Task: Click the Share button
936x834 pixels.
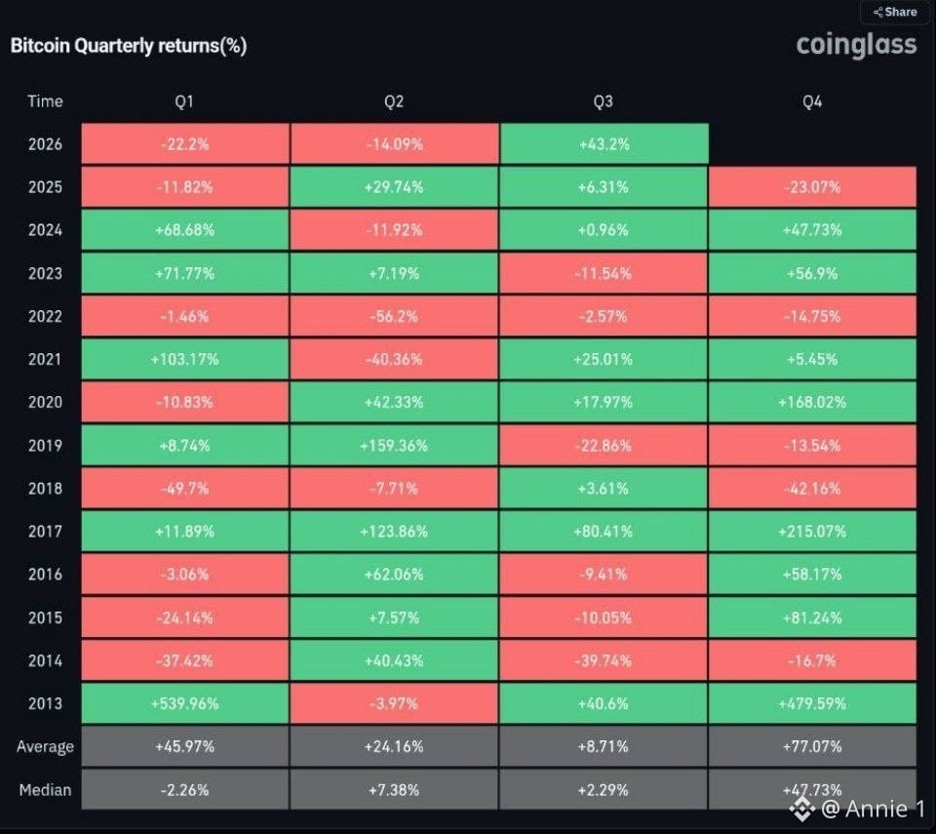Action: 895,12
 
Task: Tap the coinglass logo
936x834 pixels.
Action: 856,44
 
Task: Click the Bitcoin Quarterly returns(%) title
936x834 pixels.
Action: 129,46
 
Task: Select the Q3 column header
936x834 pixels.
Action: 603,101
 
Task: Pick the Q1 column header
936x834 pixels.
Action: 184,101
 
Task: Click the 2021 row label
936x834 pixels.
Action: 45,359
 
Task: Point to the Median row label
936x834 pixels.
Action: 45,790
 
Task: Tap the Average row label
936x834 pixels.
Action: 45,747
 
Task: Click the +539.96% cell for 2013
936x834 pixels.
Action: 185,703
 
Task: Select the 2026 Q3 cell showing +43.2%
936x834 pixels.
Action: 604,144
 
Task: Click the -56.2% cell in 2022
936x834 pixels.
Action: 394,316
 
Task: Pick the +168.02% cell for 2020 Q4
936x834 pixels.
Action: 812,402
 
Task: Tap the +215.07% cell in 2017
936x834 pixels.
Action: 812,531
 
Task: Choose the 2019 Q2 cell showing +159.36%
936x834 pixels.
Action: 394,445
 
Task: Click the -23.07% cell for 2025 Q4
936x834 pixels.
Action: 812,187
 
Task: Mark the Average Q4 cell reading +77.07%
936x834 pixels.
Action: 812,746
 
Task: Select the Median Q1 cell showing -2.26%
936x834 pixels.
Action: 185,789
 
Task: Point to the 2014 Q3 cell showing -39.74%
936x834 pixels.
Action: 603,660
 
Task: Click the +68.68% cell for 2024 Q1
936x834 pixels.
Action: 185,230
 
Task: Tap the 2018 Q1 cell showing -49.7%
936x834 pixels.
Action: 185,488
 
